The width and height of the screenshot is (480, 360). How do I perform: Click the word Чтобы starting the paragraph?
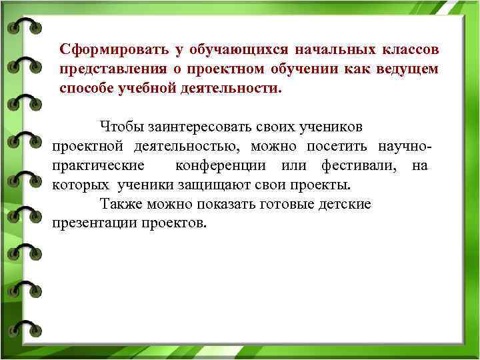tap(119, 126)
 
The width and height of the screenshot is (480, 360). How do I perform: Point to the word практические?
tap(96, 165)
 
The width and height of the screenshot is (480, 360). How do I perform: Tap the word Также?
tap(118, 203)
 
